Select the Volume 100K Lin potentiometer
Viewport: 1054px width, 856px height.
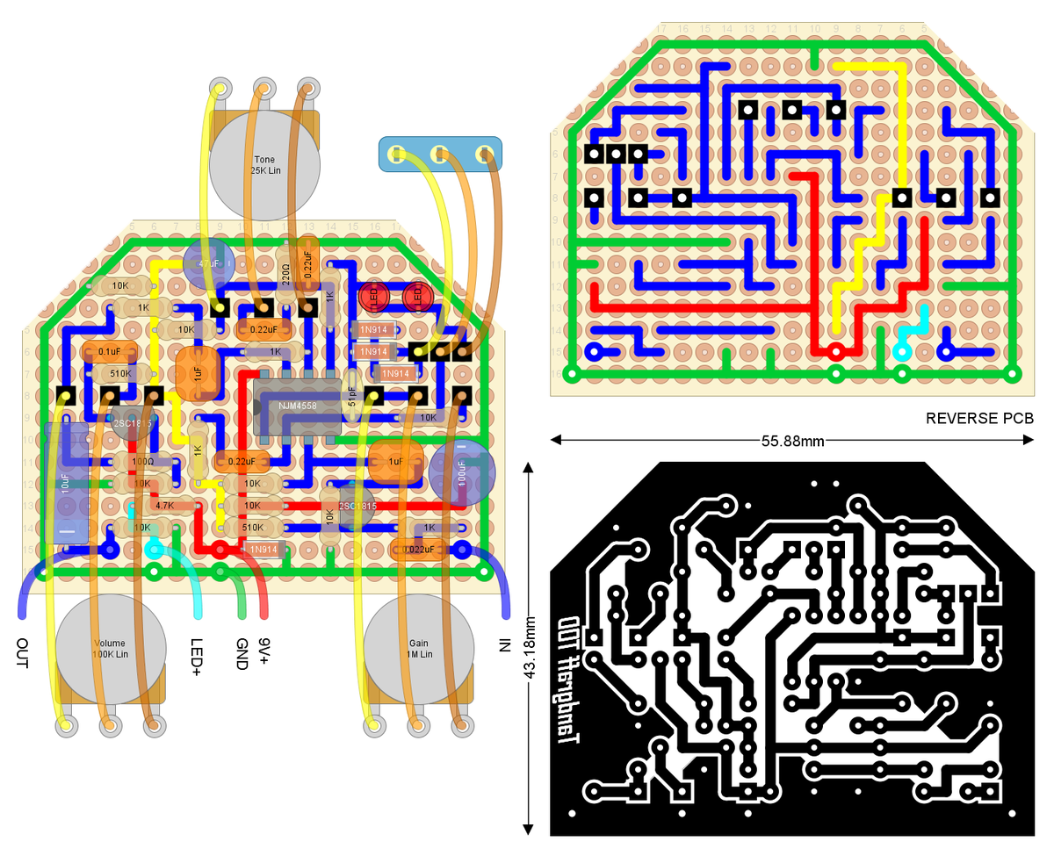pos(111,649)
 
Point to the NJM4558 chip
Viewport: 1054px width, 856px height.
pos(297,406)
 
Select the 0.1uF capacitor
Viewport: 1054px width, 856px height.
pos(110,351)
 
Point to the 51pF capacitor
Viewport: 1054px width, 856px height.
pos(351,404)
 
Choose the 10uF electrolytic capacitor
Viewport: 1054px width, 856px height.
pos(65,483)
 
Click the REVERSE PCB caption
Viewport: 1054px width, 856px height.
pos(979,419)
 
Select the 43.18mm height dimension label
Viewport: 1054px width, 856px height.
pos(529,650)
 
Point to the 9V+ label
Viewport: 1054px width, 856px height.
pos(263,651)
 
